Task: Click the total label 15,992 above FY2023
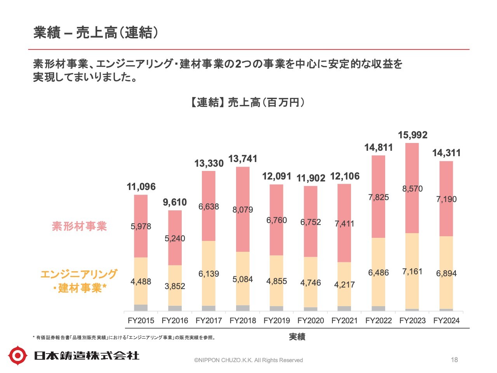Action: click(x=412, y=135)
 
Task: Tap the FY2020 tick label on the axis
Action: click(x=311, y=321)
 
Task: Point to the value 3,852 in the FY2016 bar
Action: click(x=175, y=286)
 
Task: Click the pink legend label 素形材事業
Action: click(x=79, y=226)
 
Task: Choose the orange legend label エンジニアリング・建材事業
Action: click(x=79, y=281)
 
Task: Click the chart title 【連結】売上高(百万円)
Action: click(x=247, y=102)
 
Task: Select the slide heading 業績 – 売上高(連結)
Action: click(x=96, y=33)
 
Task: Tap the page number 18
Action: click(x=454, y=360)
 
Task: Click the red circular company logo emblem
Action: click(x=18, y=356)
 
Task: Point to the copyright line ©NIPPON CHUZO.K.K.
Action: click(x=248, y=360)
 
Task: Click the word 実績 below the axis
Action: click(x=297, y=337)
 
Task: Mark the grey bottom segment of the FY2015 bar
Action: click(x=141, y=308)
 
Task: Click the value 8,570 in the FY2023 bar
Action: click(x=412, y=189)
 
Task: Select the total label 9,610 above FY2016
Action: click(x=175, y=202)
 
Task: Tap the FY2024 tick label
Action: click(x=446, y=321)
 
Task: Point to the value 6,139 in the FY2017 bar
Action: click(x=209, y=274)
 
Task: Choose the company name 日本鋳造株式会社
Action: click(x=86, y=356)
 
